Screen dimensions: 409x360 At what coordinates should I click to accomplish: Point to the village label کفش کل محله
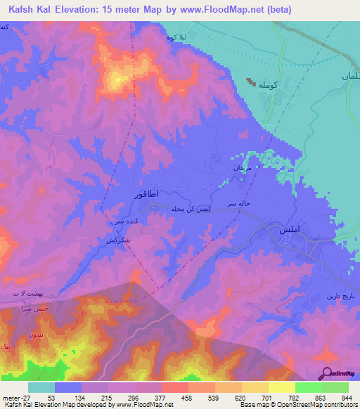192,209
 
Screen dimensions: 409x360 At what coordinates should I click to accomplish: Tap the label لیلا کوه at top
177,36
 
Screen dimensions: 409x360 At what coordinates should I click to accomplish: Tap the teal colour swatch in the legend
41,387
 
